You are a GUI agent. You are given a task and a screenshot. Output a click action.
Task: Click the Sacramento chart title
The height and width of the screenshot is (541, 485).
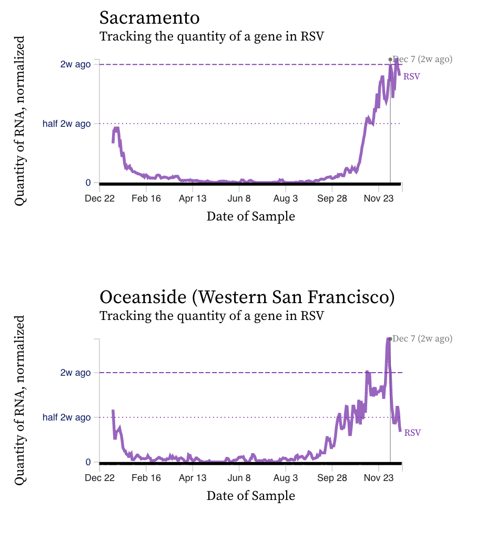(149, 18)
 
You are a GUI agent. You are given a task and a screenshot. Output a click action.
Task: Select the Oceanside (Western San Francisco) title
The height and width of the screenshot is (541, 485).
(247, 297)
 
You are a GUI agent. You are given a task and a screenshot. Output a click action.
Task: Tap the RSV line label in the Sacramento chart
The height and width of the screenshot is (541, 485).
(411, 76)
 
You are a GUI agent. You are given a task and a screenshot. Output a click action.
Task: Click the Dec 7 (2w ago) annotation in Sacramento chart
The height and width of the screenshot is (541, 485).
(422, 59)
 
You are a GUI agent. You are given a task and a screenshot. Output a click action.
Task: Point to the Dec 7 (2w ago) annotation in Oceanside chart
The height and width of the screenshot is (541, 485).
(422, 339)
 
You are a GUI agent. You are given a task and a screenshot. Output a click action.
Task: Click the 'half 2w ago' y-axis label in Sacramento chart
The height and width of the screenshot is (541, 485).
(66, 124)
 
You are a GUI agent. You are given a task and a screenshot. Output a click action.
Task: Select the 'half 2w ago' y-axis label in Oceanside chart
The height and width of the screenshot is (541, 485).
(66, 417)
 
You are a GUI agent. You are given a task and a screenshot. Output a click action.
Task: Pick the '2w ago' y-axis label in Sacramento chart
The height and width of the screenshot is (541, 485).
(75, 64)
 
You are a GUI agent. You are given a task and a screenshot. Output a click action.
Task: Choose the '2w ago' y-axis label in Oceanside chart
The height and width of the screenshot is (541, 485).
(75, 373)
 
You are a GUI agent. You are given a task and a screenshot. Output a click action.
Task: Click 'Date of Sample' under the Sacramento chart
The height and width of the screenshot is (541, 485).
(250, 216)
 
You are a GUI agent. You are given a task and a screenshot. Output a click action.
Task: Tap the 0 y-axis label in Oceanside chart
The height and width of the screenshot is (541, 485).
(88, 462)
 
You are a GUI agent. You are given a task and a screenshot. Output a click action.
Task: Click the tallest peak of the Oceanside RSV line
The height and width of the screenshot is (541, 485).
(388, 339)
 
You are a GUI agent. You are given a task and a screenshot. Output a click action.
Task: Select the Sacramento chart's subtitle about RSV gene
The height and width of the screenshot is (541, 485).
(211, 37)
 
